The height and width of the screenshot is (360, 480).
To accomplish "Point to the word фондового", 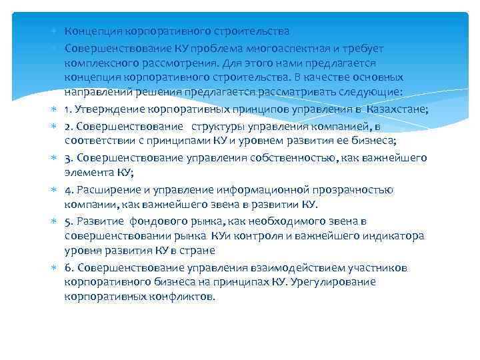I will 151,221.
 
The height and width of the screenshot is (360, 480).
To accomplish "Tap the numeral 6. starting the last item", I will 69,267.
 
